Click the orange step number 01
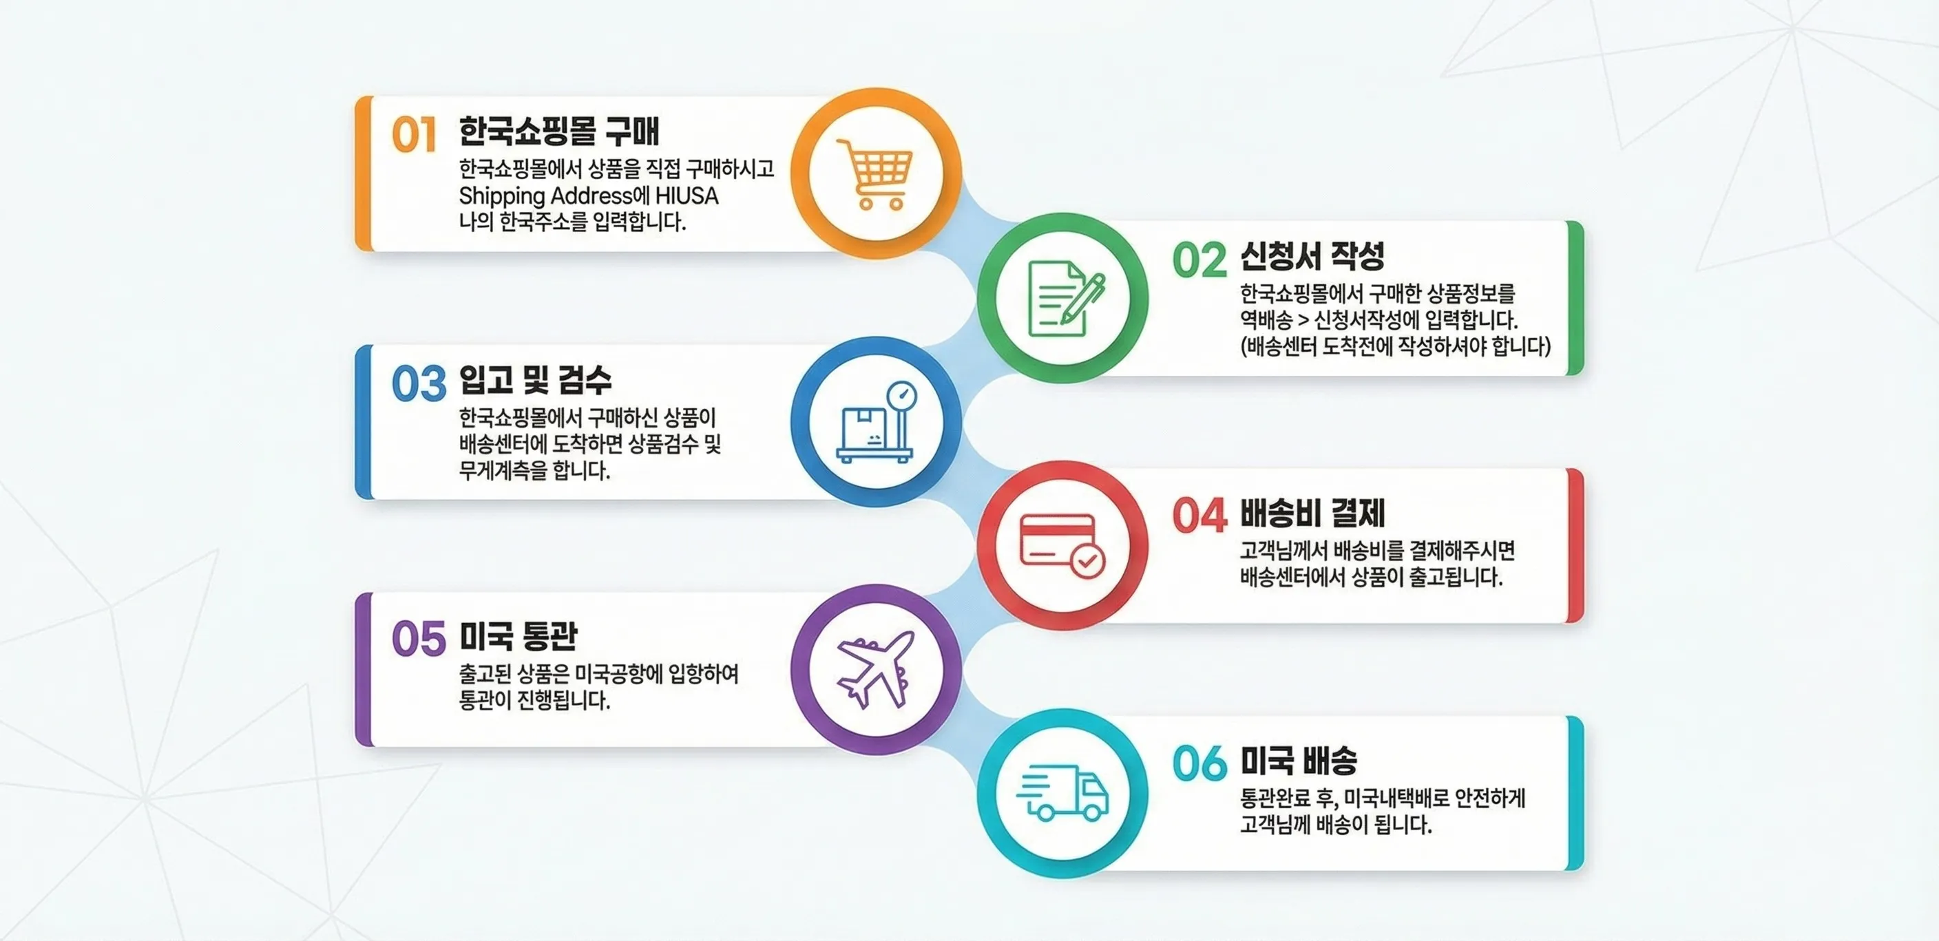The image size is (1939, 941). [x=413, y=136]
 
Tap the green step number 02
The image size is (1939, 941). [x=1199, y=260]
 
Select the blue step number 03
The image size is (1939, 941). [x=419, y=383]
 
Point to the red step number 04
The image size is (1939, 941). [x=1199, y=516]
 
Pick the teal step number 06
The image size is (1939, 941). [x=1199, y=763]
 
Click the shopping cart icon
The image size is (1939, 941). [x=874, y=173]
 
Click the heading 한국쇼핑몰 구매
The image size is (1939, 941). [x=558, y=131]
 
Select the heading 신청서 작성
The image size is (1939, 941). [x=1312, y=256]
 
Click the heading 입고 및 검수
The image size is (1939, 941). [x=535, y=379]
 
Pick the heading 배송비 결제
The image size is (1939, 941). [x=1312, y=514]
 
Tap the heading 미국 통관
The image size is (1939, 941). [x=518, y=636]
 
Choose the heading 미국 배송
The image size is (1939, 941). [x=1299, y=761]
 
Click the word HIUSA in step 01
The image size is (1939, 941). [x=686, y=195]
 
